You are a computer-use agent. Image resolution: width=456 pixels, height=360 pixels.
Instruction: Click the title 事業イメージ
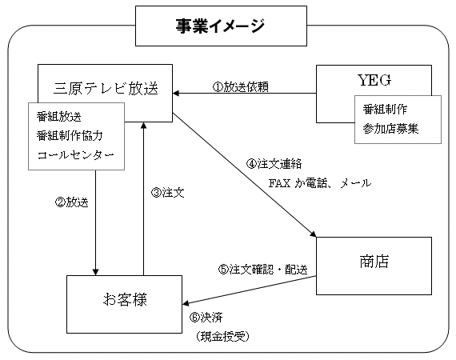coord(220,26)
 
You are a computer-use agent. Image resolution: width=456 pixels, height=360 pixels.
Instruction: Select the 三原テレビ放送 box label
coord(106,88)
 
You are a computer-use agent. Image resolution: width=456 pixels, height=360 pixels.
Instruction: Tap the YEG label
coord(374,80)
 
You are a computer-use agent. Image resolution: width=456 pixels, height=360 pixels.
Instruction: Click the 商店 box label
coord(374,261)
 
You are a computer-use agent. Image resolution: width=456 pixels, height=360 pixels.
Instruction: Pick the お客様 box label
coord(125,299)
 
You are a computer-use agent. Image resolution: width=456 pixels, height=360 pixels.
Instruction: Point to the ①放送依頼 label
coord(241,86)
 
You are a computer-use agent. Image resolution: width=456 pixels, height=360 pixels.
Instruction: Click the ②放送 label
coord(71,202)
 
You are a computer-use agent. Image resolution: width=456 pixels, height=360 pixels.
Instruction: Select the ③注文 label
coord(167,193)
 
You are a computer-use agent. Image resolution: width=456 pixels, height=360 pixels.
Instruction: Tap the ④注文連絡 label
coord(274,164)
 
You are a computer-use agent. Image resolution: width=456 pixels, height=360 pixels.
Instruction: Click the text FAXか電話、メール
coord(320,183)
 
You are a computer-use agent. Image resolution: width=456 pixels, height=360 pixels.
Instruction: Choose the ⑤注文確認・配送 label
coord(262,270)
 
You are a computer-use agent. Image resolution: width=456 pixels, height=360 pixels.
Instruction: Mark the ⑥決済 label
coord(206,317)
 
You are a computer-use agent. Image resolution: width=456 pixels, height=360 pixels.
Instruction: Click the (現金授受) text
coord(222,337)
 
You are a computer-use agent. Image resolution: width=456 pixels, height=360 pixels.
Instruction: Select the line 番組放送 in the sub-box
coord(58,117)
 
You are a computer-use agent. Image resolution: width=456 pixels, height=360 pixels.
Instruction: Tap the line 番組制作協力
coord(70,136)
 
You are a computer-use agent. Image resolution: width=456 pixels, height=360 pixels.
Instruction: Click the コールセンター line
coord(76,155)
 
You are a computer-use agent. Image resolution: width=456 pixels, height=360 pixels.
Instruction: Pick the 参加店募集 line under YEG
coord(390,129)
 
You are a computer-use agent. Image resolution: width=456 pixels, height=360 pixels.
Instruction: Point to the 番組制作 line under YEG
coord(385,110)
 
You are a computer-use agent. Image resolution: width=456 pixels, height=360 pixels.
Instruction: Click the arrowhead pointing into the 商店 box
coord(313,234)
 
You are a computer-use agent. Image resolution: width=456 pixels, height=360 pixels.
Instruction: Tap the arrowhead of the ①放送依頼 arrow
coord(176,94)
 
